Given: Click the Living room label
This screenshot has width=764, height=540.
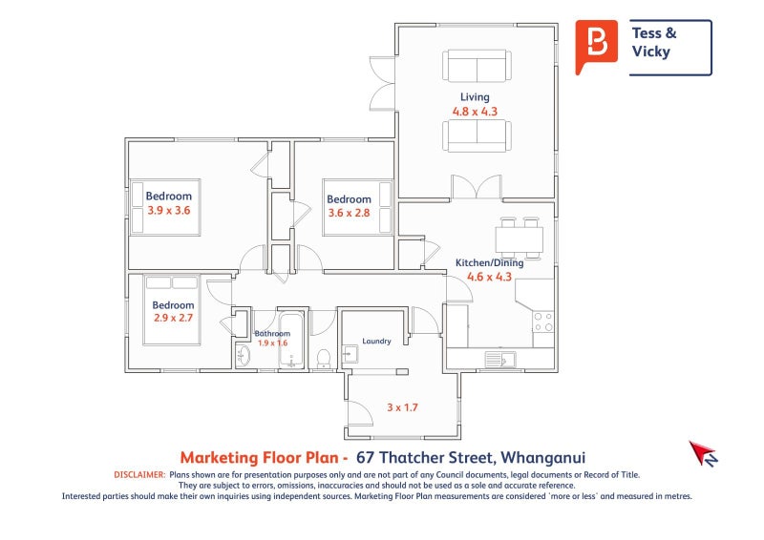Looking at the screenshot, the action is (475, 97).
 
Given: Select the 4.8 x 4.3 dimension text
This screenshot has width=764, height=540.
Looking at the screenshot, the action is (475, 112).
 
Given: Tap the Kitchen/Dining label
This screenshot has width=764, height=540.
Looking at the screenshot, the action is (489, 263).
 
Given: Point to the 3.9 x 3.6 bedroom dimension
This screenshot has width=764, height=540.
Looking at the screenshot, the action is (169, 211).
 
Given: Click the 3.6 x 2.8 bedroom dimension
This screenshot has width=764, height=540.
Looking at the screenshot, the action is (349, 213).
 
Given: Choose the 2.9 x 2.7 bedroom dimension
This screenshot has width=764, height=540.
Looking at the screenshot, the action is (173, 318).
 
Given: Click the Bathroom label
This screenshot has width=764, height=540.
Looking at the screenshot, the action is (272, 334).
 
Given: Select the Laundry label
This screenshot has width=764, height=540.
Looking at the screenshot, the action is (376, 341).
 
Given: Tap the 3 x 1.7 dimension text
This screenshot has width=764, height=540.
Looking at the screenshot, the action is (402, 407).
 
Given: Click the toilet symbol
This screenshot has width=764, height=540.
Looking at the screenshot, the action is (324, 358).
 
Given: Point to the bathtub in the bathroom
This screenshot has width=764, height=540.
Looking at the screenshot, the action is (291, 340).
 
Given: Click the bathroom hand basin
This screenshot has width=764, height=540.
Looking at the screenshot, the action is (243, 356).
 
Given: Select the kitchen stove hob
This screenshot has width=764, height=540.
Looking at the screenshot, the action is (543, 322).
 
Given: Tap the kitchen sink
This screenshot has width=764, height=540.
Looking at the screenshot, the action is (500, 360).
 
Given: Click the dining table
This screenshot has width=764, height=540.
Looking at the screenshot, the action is (520, 239).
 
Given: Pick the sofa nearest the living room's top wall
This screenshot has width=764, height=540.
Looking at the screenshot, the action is (477, 66).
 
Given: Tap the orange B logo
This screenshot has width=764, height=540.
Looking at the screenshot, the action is (596, 46).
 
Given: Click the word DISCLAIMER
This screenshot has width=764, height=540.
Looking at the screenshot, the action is (139, 475).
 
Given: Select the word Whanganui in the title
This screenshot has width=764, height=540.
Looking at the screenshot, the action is (543, 458).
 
